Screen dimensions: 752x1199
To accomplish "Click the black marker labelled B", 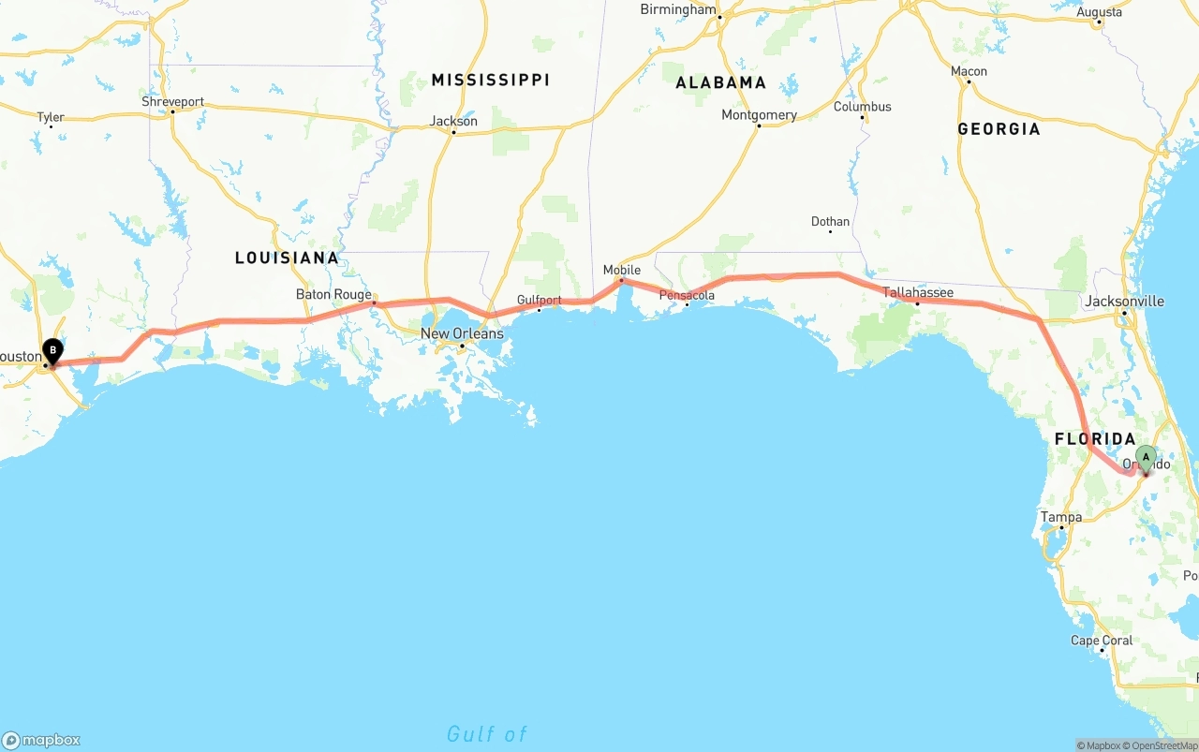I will (x=53, y=351).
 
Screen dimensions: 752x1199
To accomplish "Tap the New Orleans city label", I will (x=462, y=333).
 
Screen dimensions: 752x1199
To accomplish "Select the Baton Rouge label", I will (x=333, y=294).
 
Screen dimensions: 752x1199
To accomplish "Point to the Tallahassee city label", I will (x=918, y=292).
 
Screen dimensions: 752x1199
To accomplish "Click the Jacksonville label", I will (x=1124, y=301).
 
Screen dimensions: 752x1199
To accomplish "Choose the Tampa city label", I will (x=1061, y=517).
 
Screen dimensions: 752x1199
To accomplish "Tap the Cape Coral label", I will (x=1102, y=641).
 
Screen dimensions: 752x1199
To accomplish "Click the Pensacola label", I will (x=687, y=295).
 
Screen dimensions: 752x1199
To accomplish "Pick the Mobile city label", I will (x=622, y=270).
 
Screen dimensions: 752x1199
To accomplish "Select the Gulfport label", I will (x=540, y=301).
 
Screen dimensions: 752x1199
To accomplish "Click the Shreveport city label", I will (x=172, y=101).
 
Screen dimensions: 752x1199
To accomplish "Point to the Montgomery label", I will (x=759, y=115).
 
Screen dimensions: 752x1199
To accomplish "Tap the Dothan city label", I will (x=831, y=222).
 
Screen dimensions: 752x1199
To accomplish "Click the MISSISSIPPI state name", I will (x=490, y=80).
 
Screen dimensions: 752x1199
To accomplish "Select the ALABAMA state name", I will (x=721, y=82).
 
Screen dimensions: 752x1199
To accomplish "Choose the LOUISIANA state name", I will (x=287, y=258).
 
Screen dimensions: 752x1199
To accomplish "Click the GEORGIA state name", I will (x=999, y=128).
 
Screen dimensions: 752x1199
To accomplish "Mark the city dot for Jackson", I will (x=453, y=132).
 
